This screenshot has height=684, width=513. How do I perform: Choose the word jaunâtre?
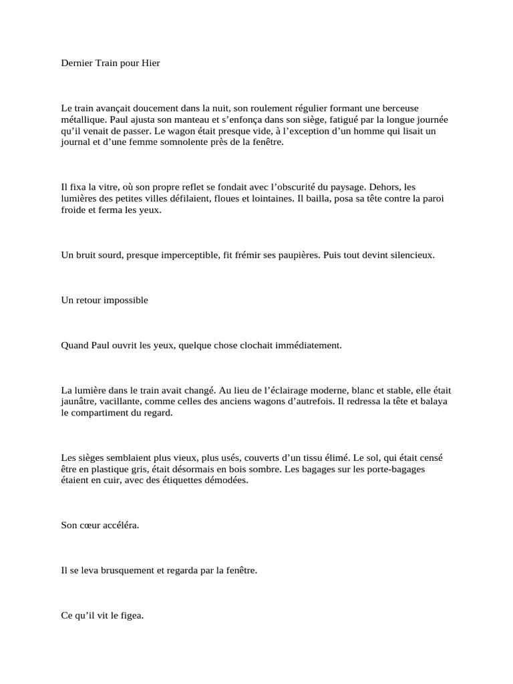[x=79, y=401]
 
